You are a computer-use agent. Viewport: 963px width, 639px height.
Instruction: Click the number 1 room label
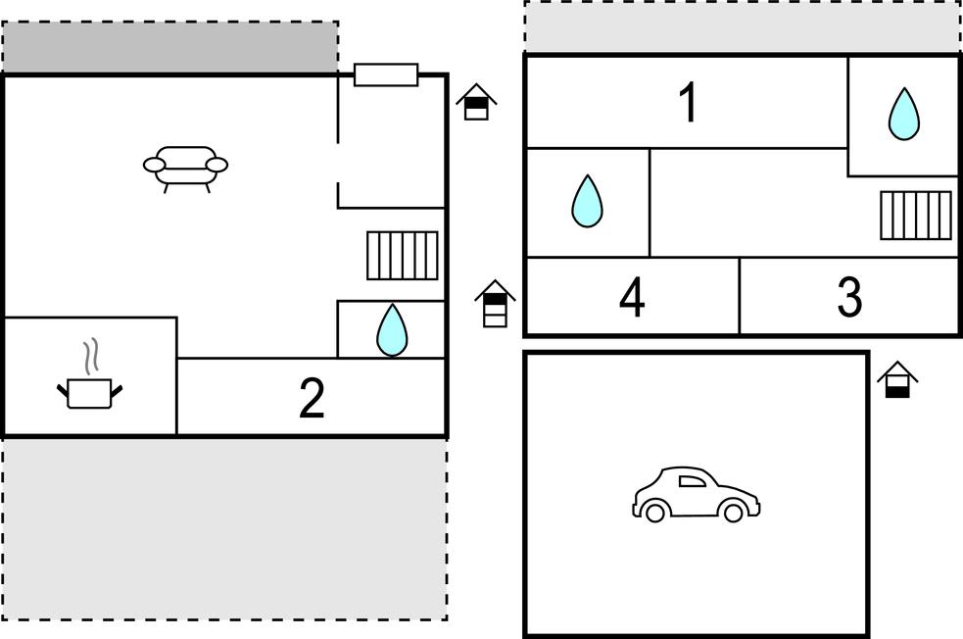pyautogui.click(x=689, y=103)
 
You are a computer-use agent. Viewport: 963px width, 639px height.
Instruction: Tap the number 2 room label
pyautogui.click(x=312, y=398)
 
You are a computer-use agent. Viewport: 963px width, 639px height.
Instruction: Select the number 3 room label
pyautogui.click(x=849, y=296)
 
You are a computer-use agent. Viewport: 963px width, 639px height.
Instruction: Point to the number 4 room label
pyautogui.click(x=632, y=297)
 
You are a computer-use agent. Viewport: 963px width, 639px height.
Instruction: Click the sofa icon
pyautogui.click(x=185, y=169)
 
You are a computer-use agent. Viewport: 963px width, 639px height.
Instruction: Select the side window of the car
pyautogui.click(x=693, y=481)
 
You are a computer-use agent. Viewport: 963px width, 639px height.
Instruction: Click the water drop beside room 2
pyautogui.click(x=392, y=330)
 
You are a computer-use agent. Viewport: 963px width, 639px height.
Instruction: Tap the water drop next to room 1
pyautogui.click(x=904, y=114)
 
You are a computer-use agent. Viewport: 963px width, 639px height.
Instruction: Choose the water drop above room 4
pyautogui.click(x=587, y=201)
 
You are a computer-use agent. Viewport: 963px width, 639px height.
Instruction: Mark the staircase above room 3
pyautogui.click(x=916, y=215)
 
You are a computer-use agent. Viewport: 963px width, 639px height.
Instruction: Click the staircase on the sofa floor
pyautogui.click(x=403, y=256)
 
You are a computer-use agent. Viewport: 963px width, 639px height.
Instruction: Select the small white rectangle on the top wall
pyautogui.click(x=386, y=74)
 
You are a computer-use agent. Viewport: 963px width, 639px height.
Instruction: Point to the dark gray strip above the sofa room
pyautogui.click(x=170, y=47)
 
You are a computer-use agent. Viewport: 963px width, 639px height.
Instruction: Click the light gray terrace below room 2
pyautogui.click(x=224, y=529)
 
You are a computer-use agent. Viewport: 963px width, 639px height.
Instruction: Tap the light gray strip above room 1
pyautogui.click(x=743, y=26)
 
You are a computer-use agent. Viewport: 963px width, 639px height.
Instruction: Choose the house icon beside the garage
pyautogui.click(x=897, y=379)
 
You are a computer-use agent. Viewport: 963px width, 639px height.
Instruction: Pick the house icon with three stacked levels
pyautogui.click(x=495, y=304)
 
